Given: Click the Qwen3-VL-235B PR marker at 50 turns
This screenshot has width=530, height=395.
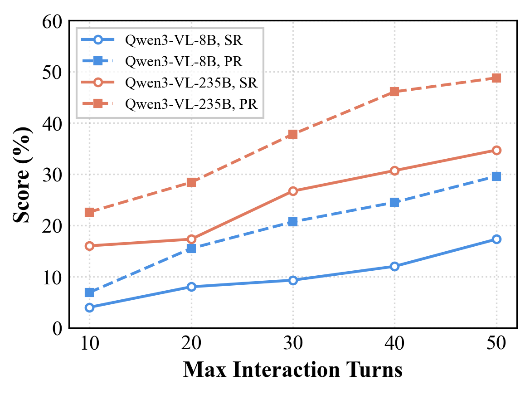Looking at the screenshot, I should [x=496, y=78].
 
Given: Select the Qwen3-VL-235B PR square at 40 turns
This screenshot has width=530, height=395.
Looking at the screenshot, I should [x=394, y=92].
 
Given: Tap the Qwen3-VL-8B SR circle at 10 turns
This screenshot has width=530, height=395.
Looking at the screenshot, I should [x=89, y=307].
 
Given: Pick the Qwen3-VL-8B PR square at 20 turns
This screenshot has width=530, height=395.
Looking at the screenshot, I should [x=191, y=249].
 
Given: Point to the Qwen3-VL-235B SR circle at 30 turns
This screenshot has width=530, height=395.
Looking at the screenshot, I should [x=293, y=191].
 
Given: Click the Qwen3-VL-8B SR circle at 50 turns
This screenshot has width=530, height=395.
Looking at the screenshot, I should [x=496, y=239].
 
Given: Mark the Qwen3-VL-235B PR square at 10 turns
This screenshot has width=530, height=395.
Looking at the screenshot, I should [x=89, y=212].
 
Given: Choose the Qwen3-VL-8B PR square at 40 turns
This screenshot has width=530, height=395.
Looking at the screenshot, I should [x=394, y=202].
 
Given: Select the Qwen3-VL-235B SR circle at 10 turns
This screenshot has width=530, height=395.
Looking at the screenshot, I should [x=89, y=246].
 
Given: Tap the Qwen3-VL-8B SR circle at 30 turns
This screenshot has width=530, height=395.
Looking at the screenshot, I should [x=293, y=280].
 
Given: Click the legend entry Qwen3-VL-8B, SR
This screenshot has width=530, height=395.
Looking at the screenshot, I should [x=184, y=40].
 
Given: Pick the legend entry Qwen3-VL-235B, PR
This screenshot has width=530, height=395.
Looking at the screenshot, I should [x=191, y=105].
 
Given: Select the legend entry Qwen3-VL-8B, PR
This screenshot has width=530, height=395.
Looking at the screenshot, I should [x=184, y=62].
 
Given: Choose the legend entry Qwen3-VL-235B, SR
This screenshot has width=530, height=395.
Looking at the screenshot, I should [x=191, y=83].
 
